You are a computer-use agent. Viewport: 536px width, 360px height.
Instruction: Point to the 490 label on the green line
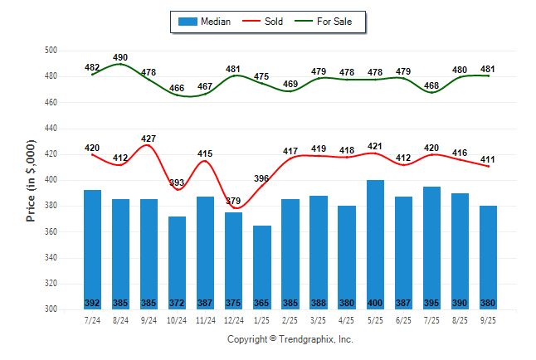tap(121, 57)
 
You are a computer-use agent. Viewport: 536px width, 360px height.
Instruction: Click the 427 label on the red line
tap(149, 139)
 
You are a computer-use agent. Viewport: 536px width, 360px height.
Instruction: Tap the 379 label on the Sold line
tap(234, 201)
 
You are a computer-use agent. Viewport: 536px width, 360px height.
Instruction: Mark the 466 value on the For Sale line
tap(178, 88)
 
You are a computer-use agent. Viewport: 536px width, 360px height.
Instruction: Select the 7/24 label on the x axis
tap(93, 319)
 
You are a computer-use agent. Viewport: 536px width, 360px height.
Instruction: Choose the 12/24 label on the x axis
tap(234, 319)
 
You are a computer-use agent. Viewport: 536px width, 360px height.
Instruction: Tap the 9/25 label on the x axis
tap(488, 319)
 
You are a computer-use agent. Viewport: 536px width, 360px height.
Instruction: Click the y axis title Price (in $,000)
tap(31, 180)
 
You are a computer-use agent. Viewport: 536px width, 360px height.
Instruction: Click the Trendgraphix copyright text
tap(290, 339)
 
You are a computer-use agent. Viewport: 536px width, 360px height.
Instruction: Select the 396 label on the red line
tap(262, 178)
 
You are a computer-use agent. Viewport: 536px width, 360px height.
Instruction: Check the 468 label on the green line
tap(431, 85)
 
